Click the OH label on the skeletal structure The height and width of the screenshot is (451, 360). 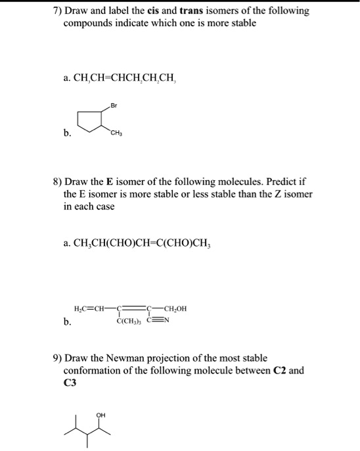(101, 415)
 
